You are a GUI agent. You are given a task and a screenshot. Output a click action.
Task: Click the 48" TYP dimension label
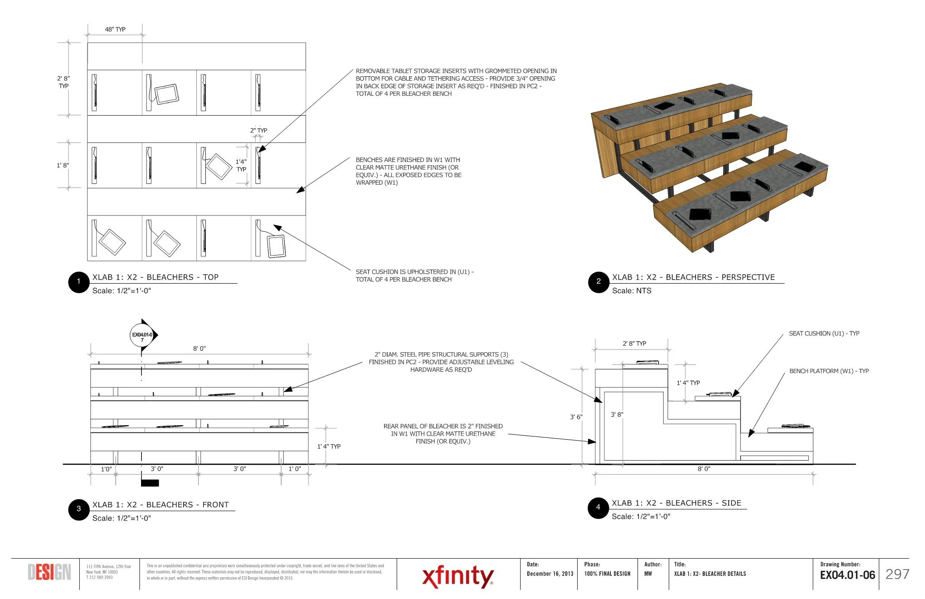pyautogui.click(x=115, y=29)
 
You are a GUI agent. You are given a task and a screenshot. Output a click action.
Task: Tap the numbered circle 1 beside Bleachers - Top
pyautogui.click(x=78, y=282)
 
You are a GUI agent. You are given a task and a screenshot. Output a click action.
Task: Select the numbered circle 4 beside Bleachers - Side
pyautogui.click(x=598, y=508)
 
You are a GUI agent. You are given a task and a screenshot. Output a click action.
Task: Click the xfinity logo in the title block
pyautogui.click(x=458, y=576)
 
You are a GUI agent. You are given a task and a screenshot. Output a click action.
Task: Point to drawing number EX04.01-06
pyautogui.click(x=847, y=575)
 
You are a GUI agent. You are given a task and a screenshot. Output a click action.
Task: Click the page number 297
pyautogui.click(x=897, y=574)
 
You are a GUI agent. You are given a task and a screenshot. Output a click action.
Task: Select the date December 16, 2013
pyautogui.click(x=550, y=574)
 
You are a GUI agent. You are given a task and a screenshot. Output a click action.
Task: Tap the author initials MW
pyautogui.click(x=648, y=574)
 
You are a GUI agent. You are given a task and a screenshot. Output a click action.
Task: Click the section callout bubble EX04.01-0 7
pyautogui.click(x=142, y=336)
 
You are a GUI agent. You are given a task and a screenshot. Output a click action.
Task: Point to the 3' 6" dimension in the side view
pyautogui.click(x=576, y=417)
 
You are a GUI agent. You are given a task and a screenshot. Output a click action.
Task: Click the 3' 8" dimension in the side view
pyautogui.click(x=617, y=415)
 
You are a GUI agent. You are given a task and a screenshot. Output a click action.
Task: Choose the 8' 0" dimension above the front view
pyautogui.click(x=200, y=349)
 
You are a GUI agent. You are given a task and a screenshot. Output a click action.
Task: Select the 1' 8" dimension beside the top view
pyautogui.click(x=63, y=166)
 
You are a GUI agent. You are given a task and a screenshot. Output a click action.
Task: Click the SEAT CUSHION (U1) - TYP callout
pyautogui.click(x=824, y=334)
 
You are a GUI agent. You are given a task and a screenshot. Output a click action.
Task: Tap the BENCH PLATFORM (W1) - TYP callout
pyautogui.click(x=829, y=371)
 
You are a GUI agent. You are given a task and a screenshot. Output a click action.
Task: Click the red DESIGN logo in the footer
pyautogui.click(x=49, y=573)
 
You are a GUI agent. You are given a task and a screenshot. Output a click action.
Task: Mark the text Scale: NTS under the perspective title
pyautogui.click(x=632, y=291)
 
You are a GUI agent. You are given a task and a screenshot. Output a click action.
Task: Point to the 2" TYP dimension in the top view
pyautogui.click(x=258, y=131)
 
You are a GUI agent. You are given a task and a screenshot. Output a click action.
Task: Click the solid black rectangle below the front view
pyautogui.click(x=150, y=483)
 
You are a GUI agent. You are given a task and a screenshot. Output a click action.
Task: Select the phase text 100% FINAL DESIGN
pyautogui.click(x=607, y=574)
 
